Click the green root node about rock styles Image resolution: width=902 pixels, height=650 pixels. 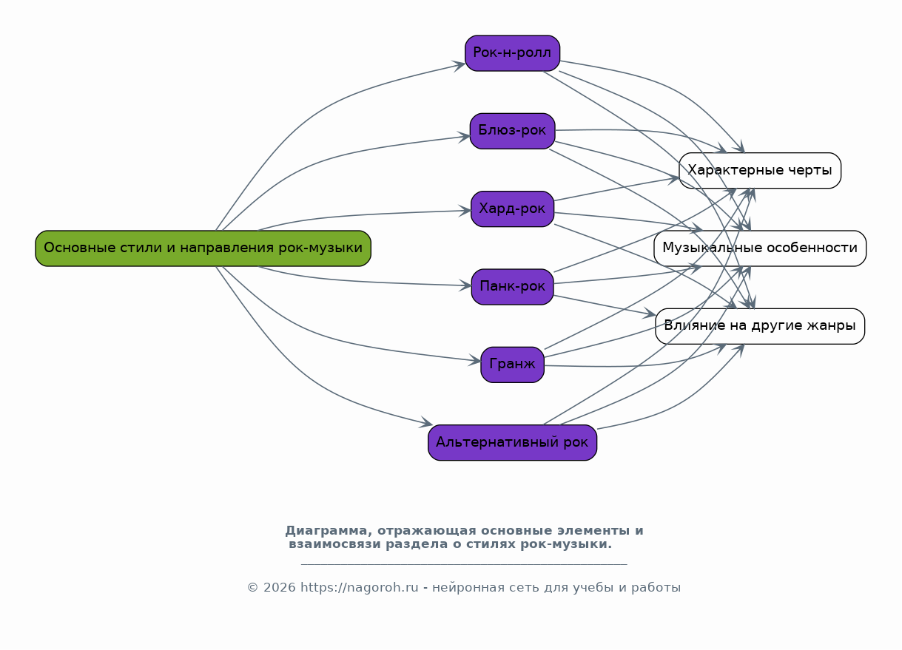[203, 248]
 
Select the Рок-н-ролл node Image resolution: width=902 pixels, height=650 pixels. [512, 53]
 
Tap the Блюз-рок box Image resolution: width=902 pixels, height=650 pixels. [512, 131]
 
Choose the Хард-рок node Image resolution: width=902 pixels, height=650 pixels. [512, 209]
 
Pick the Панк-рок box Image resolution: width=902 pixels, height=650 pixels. [512, 287]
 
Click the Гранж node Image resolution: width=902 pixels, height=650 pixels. [512, 365]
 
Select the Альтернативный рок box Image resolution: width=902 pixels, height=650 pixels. [512, 443]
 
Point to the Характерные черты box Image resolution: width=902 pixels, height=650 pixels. [760, 171]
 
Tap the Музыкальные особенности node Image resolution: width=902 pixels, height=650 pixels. [760, 248]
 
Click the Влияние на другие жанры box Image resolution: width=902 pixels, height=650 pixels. [760, 326]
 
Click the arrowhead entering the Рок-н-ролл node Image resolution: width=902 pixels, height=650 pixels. [460, 65]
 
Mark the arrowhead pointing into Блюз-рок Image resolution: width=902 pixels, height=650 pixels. [465, 136]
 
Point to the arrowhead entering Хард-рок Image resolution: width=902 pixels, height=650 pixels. [466, 211]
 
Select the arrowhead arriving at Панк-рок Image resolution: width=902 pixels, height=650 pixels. [466, 285]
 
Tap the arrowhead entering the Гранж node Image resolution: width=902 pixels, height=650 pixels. [476, 361]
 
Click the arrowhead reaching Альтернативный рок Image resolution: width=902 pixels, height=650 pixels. [427, 424]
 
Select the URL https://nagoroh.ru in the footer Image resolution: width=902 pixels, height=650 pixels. [360, 588]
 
